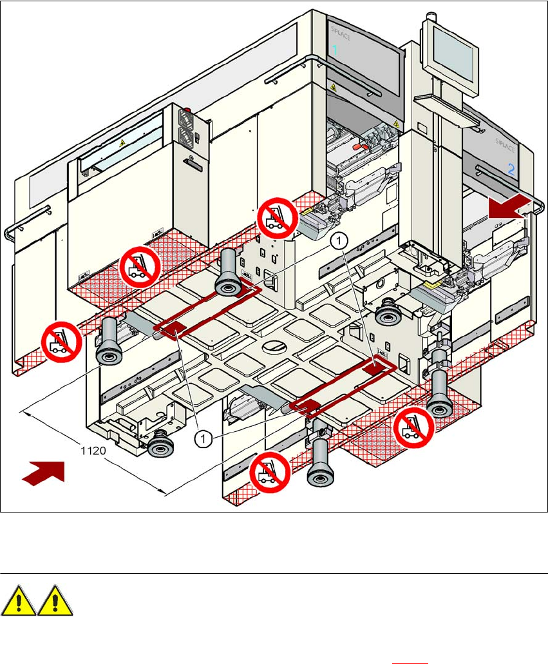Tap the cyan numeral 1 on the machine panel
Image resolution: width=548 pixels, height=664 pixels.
point(334,50)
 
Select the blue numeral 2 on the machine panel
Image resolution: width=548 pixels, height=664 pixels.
point(511,170)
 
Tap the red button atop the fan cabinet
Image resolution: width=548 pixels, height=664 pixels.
point(189,110)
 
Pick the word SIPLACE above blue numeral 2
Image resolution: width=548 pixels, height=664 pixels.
point(506,145)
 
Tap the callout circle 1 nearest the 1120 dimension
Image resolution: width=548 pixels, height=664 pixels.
point(203,438)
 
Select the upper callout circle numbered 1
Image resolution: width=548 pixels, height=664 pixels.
point(339,240)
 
